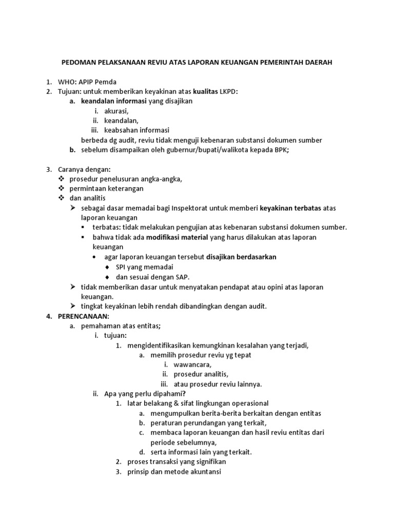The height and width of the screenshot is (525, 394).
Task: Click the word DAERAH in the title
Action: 318,63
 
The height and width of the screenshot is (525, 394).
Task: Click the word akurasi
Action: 116,111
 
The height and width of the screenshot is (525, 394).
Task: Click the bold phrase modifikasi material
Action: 177,237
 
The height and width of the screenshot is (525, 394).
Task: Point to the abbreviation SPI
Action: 122,267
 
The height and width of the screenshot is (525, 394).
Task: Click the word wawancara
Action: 192,365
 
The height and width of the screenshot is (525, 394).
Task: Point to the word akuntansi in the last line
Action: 204,472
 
